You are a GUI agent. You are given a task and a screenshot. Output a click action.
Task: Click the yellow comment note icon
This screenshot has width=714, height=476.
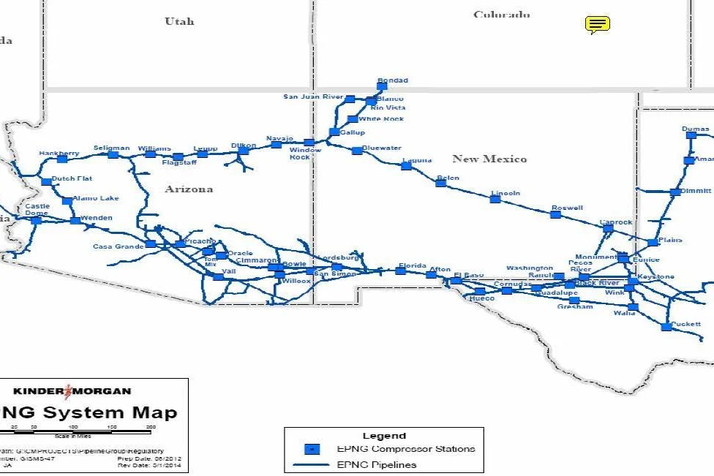pyautogui.click(x=598, y=25)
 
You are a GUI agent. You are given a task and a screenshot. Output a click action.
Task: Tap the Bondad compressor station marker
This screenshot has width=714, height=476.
pyautogui.click(x=382, y=86)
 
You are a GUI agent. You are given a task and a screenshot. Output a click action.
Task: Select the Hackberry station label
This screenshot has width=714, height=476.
pyautogui.click(x=59, y=153)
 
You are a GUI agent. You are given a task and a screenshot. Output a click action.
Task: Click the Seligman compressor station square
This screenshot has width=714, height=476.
pyautogui.click(x=113, y=154)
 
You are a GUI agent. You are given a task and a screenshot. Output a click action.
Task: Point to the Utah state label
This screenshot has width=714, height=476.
pyautogui.click(x=179, y=21)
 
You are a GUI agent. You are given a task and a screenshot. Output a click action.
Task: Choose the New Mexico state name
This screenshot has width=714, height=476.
pyautogui.click(x=489, y=159)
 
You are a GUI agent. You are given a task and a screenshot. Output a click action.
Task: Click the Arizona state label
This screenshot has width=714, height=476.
pyautogui.click(x=189, y=189)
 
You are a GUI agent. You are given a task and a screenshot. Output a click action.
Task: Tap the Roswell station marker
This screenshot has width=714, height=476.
pyautogui.click(x=555, y=214)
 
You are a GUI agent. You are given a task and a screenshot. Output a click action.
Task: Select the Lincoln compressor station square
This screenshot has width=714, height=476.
pyautogui.click(x=495, y=199)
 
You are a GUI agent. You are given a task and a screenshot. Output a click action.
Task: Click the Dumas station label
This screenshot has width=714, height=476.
pyautogui.click(x=695, y=129)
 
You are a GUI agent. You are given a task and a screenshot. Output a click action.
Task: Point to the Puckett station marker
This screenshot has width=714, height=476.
pyautogui.click(x=666, y=327)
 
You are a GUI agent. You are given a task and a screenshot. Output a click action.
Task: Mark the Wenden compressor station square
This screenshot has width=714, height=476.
pyautogui.click(x=75, y=220)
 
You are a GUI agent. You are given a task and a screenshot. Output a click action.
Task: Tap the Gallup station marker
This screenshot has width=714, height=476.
pyautogui.click(x=334, y=132)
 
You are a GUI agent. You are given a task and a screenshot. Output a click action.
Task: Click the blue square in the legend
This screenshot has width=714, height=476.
pyautogui.click(x=312, y=449)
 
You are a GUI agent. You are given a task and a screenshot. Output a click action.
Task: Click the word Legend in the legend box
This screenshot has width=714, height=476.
pyautogui.click(x=384, y=436)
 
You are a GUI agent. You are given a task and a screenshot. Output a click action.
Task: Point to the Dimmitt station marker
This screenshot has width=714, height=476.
pyautogui.click(x=674, y=192)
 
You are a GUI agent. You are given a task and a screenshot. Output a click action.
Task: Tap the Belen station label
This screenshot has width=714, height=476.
pyautogui.click(x=448, y=178)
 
